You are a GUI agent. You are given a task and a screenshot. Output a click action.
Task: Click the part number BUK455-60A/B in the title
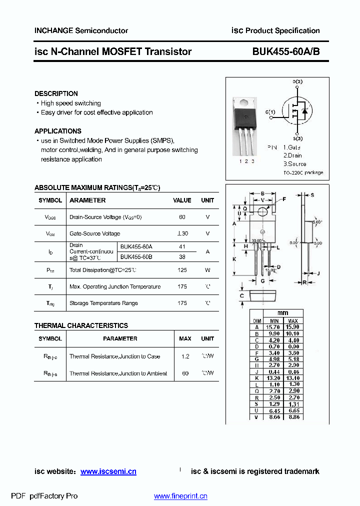point(286,51)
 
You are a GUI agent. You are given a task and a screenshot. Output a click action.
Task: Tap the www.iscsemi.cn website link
point(108,471)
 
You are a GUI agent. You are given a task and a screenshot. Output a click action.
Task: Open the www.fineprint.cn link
point(180,496)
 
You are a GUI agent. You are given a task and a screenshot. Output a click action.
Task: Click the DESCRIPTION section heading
point(56,93)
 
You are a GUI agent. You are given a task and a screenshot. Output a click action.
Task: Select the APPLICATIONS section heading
point(58,131)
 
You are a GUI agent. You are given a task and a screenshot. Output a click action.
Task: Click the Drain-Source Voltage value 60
point(182,217)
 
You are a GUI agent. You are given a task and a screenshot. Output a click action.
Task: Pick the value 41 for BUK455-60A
point(182,247)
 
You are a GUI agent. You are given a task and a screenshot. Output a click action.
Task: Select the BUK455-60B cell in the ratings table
point(136,256)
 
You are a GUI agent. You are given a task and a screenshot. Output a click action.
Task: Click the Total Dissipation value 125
point(182,270)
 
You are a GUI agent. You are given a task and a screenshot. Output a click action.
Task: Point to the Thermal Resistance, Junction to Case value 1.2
point(185,356)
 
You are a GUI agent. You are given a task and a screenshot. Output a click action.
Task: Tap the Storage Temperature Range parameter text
point(103,303)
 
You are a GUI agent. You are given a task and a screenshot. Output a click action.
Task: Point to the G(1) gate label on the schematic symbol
point(270,111)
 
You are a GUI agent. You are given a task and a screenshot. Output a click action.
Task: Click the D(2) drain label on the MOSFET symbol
point(297,81)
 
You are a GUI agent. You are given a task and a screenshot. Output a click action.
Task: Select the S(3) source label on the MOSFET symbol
point(298,138)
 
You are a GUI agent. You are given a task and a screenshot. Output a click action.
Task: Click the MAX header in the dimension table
point(293,321)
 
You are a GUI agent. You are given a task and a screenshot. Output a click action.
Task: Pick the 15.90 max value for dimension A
point(293,327)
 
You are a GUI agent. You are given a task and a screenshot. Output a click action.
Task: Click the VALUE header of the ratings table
point(182,200)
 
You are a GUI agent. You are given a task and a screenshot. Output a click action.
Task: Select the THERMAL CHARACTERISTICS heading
point(81,325)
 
